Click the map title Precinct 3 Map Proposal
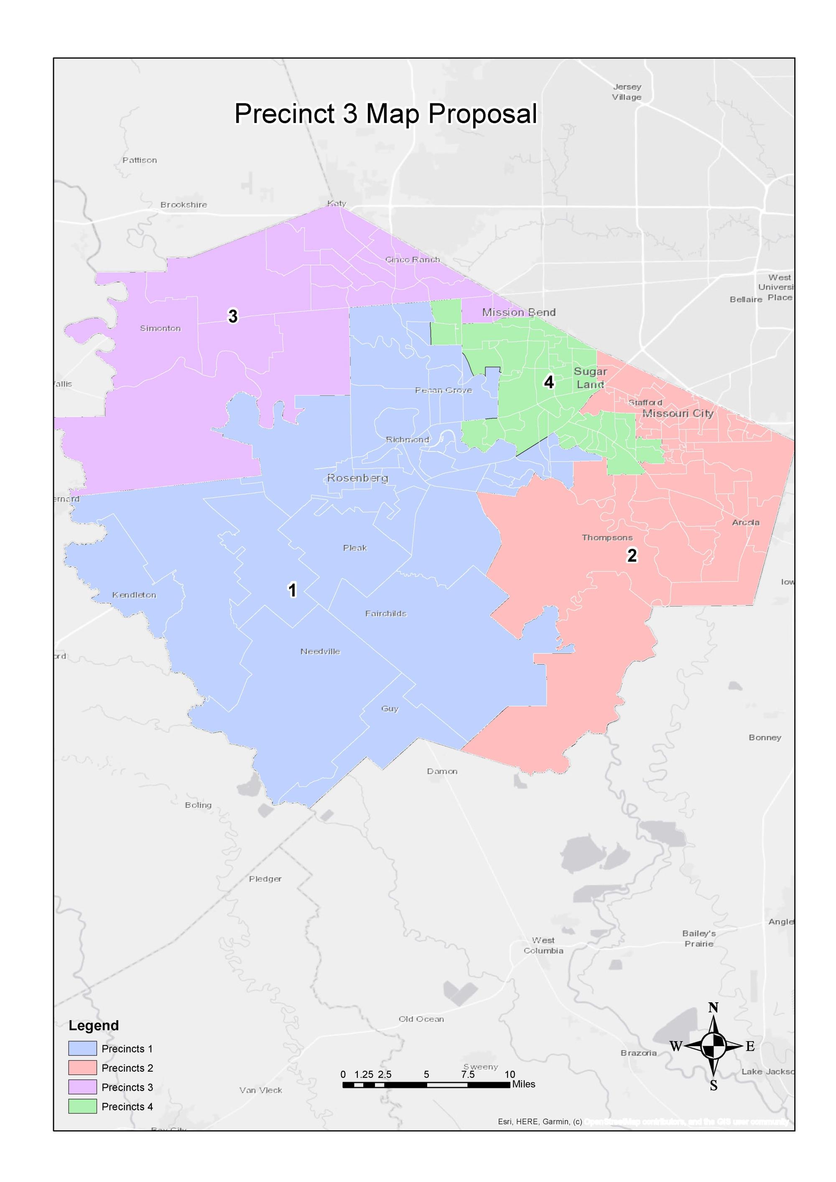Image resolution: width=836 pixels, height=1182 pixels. [385, 113]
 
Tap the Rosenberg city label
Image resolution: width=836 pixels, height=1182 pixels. [357, 478]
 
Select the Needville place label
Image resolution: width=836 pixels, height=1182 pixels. [320, 651]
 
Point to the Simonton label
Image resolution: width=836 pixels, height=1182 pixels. [160, 328]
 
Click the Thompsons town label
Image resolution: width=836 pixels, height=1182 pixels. [607, 538]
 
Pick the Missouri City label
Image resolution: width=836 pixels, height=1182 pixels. [678, 413]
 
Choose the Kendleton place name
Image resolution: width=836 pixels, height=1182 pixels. [134, 595]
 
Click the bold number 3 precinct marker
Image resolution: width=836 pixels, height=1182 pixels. [233, 316]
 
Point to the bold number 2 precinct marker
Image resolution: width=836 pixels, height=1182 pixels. [632, 555]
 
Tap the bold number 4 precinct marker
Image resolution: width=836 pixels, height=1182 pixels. [549, 382]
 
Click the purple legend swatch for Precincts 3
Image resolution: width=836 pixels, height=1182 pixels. [82, 1087]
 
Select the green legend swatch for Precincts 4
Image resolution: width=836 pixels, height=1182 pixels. [82, 1106]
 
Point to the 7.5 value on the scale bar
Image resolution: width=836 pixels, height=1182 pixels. [467, 1075]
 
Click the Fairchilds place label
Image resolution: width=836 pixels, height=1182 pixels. [385, 613]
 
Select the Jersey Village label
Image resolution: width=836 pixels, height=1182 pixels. [627, 92]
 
